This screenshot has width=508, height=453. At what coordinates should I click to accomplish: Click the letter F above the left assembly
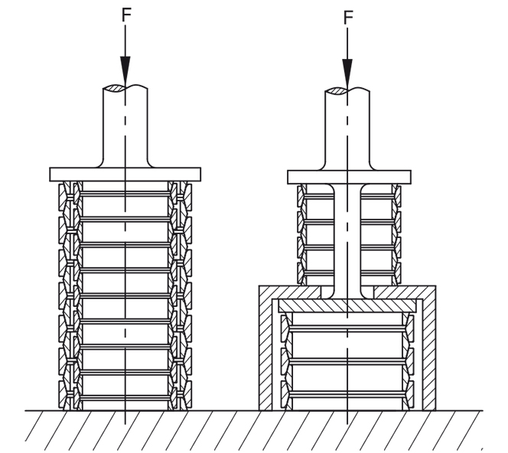pyautogui.click(x=125, y=16)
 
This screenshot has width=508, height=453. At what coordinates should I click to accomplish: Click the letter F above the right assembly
pyautogui.click(x=348, y=16)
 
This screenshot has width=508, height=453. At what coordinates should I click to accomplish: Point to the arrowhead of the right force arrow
pyautogui.click(x=348, y=73)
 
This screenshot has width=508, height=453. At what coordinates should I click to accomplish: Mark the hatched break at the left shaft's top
pyautogui.click(x=124, y=89)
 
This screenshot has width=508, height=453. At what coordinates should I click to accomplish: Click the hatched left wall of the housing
pyautogui.click(x=265, y=352)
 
